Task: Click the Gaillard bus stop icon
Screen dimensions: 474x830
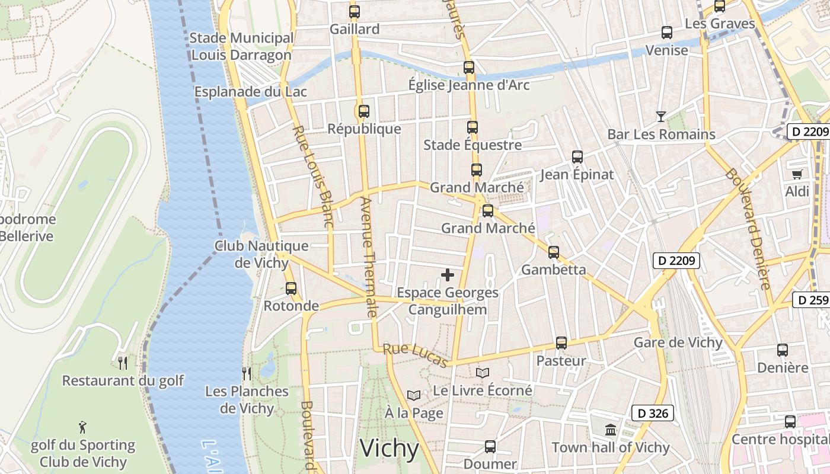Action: (x=355, y=11)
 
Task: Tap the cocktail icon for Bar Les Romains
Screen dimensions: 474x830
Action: (x=661, y=116)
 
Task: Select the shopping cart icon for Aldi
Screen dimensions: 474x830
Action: (x=797, y=174)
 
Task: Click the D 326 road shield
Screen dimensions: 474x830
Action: (x=652, y=413)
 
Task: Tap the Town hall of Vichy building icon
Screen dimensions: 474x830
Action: (x=611, y=430)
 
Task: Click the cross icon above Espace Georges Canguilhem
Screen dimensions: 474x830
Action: (x=448, y=274)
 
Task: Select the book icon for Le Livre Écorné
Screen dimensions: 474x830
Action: (x=483, y=373)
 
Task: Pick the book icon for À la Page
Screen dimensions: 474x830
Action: (x=414, y=395)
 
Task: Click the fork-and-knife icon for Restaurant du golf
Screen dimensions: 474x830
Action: (x=123, y=363)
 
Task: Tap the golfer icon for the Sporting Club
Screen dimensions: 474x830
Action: (x=83, y=427)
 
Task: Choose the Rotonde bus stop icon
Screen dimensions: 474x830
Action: (x=291, y=289)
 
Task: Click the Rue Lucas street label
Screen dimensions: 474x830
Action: (x=416, y=355)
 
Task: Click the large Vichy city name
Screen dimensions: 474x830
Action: (x=390, y=449)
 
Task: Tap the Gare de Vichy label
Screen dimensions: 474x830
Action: (x=678, y=342)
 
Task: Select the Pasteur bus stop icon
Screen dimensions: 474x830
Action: (x=561, y=343)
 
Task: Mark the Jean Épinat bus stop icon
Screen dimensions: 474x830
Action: (x=577, y=157)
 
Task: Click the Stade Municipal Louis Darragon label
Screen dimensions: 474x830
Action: (x=241, y=47)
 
